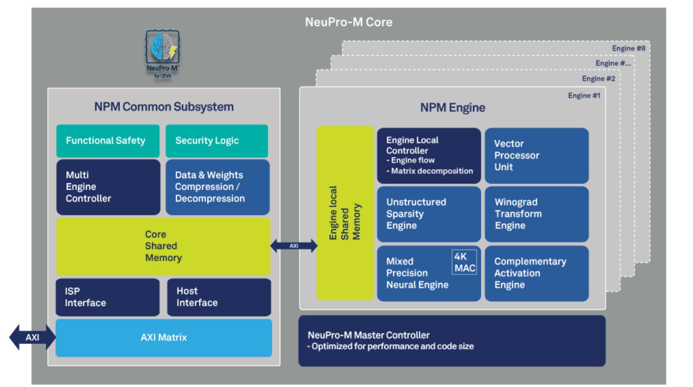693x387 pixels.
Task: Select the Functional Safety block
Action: pyautogui.click(x=108, y=141)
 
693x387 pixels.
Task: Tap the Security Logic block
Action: pyautogui.click(x=216, y=141)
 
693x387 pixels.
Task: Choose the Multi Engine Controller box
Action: pyautogui.click(x=108, y=187)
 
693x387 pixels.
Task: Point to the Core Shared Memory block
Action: pyautogui.click(x=163, y=247)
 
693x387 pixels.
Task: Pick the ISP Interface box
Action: pyautogui.click(x=107, y=297)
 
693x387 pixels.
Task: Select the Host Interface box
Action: pyautogui.click(x=219, y=297)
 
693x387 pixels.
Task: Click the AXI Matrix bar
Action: pyautogui.click(x=164, y=338)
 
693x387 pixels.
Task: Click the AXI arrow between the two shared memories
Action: pyautogui.click(x=294, y=246)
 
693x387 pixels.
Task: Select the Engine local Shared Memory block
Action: pyautogui.click(x=345, y=214)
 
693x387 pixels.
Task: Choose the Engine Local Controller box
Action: pyautogui.click(x=429, y=156)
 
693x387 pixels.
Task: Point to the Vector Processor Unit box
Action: pyautogui.click(x=536, y=156)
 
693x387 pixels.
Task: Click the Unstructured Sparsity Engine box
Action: pyautogui.click(x=429, y=214)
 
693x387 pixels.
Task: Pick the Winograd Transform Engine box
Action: pyautogui.click(x=536, y=214)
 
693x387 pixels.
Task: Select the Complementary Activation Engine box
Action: pyautogui.click(x=536, y=273)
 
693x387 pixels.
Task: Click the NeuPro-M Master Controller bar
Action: pyautogui.click(x=451, y=341)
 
